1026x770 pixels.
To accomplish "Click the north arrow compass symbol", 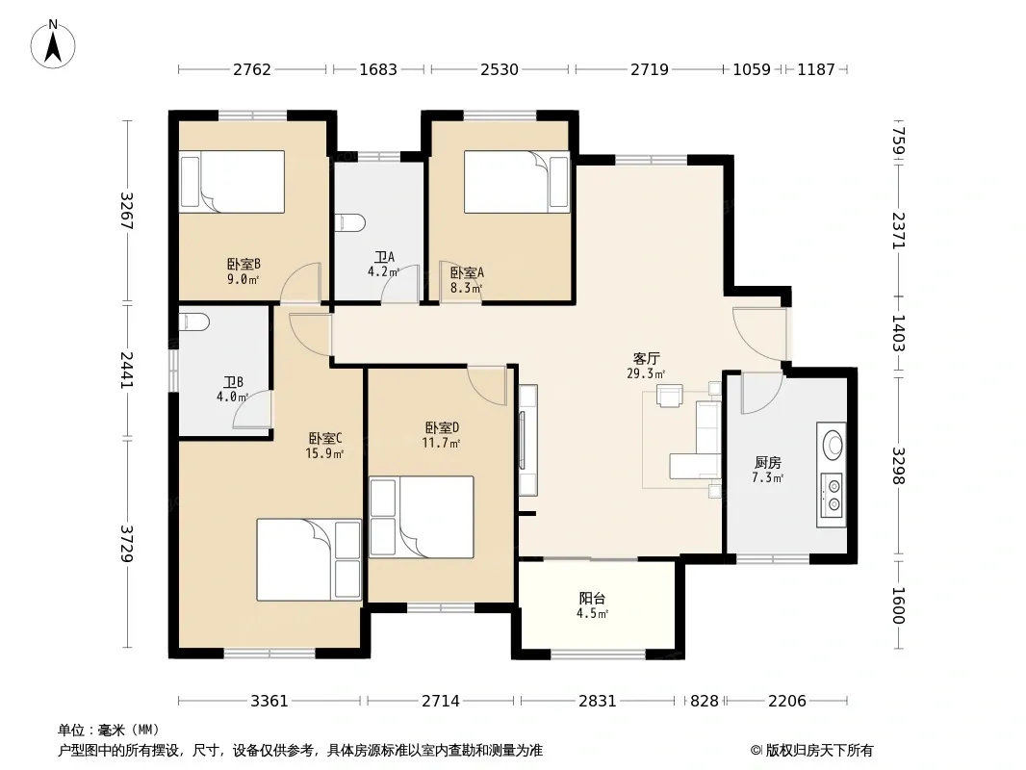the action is tap(53, 43).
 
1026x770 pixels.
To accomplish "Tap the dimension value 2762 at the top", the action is tap(252, 69).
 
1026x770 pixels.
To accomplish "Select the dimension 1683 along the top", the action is tap(378, 69).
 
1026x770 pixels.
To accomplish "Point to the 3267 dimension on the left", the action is tap(126, 211).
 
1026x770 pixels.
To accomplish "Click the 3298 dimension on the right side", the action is tap(898, 466).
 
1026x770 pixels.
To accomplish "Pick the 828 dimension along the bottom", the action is tap(705, 702).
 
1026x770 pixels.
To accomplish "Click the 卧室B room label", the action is tap(244, 265).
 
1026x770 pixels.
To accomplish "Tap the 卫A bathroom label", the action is tap(384, 257).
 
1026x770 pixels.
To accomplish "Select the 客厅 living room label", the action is tap(646, 358).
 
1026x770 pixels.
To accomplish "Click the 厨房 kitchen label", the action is tap(767, 463).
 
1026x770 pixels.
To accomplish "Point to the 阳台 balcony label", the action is tap(592, 598).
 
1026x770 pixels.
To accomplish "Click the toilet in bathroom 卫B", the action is tap(193, 321).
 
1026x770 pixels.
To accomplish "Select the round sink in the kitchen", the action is tap(833, 445).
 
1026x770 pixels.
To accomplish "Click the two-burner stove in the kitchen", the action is tap(833, 496).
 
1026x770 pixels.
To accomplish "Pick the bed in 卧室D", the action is tap(422, 517).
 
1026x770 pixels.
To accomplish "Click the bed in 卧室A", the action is tap(517, 182).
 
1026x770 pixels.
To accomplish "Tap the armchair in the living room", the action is tap(669, 396).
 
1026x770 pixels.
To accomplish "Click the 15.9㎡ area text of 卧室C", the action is tap(324, 453).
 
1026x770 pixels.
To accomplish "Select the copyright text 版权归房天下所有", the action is tap(819, 751).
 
